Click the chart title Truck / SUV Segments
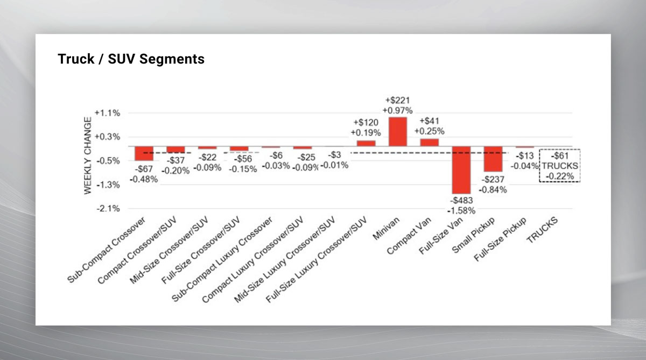(x=131, y=59)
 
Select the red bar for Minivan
(x=398, y=132)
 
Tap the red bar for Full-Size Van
(x=461, y=170)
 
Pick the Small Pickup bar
(x=493, y=159)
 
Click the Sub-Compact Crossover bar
(x=144, y=153)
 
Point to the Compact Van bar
(x=430, y=142)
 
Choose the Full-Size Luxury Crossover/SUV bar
(x=366, y=143)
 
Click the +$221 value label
(x=398, y=100)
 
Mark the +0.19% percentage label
(x=366, y=132)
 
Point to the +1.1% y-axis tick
(x=107, y=113)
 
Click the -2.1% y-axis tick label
(x=107, y=209)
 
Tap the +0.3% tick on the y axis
(x=107, y=137)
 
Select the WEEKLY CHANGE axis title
(x=88, y=163)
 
